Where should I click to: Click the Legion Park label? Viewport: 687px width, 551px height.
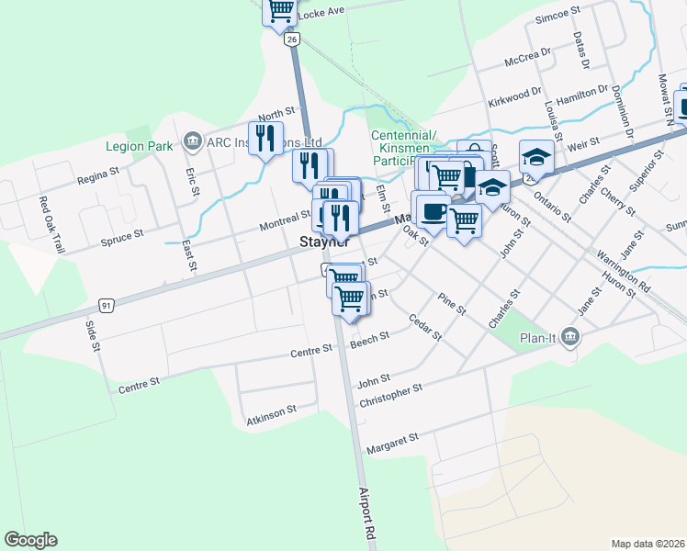tap(139, 146)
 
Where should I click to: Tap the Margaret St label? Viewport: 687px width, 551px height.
tap(392, 444)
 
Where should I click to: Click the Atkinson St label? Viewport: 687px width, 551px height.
tap(272, 415)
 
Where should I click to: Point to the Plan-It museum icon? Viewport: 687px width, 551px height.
tap(571, 337)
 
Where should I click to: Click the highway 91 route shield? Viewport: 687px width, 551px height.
tap(107, 305)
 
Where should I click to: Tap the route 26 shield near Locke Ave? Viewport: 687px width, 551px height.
tap(292, 40)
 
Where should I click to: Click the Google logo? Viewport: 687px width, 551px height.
tap(30, 540)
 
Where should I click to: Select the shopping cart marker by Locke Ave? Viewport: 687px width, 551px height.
tap(281, 12)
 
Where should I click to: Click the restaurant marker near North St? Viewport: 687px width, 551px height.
tap(266, 138)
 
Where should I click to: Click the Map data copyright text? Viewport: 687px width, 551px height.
tap(648, 543)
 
